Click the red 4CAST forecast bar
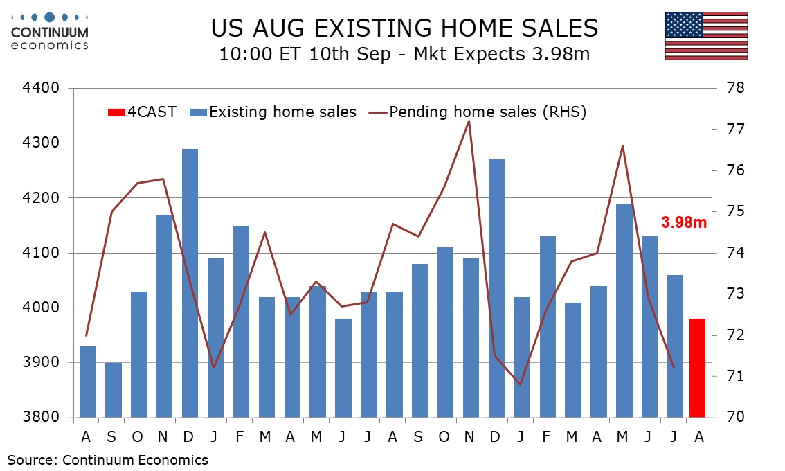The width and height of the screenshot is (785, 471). click(x=697, y=368)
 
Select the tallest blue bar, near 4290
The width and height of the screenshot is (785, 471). click(x=190, y=283)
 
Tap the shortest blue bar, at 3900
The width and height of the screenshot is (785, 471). click(x=113, y=390)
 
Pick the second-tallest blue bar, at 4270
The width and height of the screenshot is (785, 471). click(x=496, y=289)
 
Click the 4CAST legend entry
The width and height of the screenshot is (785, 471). click(x=142, y=112)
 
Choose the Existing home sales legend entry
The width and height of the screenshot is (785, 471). click(x=273, y=112)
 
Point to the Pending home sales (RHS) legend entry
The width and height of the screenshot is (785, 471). click(x=478, y=112)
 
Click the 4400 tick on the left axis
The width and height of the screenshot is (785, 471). click(x=41, y=88)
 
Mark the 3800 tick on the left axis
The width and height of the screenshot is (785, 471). click(x=41, y=417)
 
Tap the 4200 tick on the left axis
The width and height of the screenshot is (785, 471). click(x=41, y=197)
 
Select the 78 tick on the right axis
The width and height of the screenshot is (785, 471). click(x=735, y=88)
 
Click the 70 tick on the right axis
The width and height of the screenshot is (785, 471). click(x=735, y=417)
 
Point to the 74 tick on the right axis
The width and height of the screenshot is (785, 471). click(x=735, y=253)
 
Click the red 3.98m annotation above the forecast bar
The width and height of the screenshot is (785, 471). click(x=684, y=222)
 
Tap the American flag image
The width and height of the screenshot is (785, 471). click(x=706, y=36)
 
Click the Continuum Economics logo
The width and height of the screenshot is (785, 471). click(x=50, y=32)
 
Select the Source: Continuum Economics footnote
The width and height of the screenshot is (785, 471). click(x=107, y=459)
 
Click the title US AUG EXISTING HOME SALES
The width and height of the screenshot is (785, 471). click(x=404, y=28)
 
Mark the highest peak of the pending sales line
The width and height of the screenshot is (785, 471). click(x=469, y=121)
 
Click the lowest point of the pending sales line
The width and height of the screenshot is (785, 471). click(x=520, y=384)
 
